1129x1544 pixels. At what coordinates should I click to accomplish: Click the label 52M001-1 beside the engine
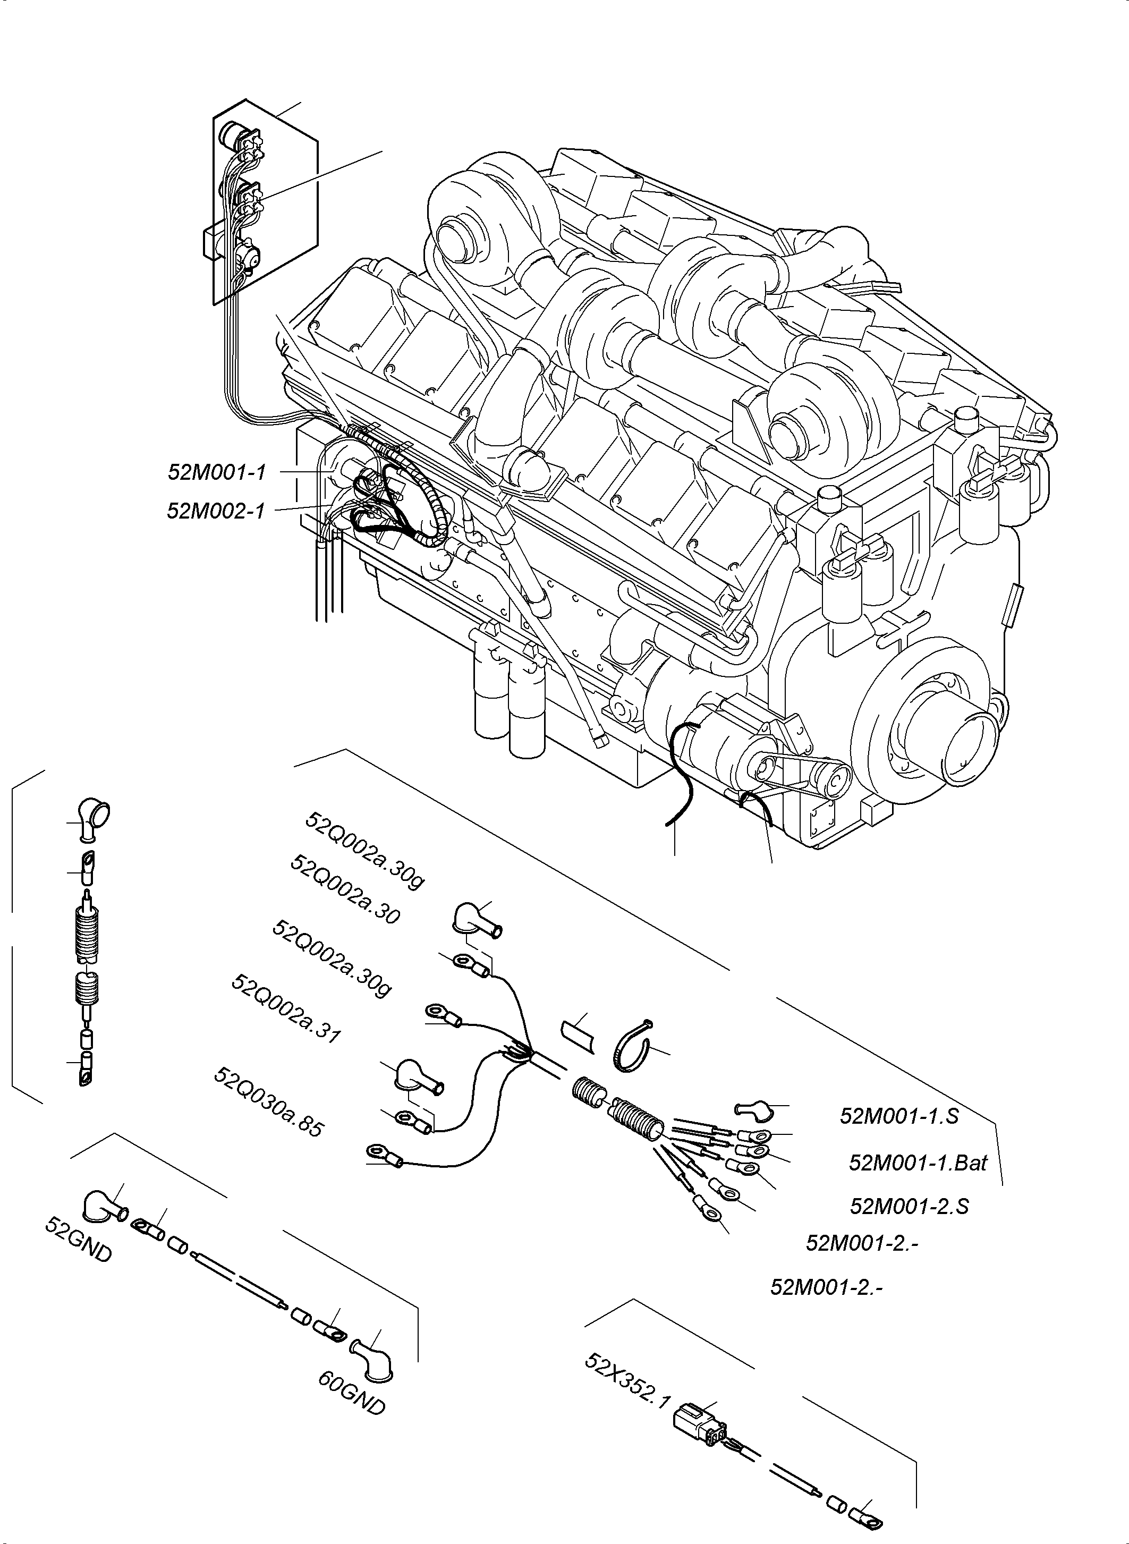[x=217, y=472]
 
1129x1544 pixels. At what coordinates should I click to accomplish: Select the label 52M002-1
[x=215, y=511]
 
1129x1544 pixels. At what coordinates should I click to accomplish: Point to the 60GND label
[x=351, y=1394]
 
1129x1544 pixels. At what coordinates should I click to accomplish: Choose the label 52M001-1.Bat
[x=918, y=1163]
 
